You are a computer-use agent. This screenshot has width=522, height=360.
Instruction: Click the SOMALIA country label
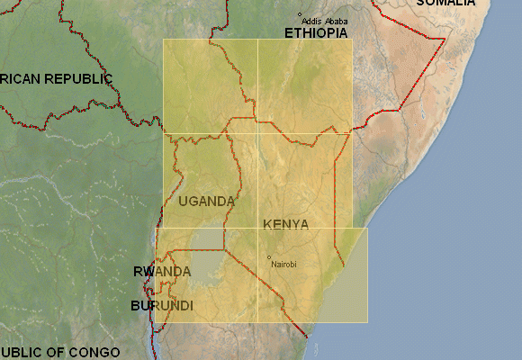445,4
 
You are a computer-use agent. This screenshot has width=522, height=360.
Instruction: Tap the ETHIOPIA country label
316,32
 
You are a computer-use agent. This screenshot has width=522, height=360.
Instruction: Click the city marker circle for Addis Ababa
301,14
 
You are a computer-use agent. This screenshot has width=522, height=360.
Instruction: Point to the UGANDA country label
206,202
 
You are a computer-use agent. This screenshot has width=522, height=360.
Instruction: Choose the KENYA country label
286,223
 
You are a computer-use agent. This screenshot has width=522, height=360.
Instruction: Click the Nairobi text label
283,264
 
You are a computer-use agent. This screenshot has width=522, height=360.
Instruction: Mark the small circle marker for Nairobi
269,257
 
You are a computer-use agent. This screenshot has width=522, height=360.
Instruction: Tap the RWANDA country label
162,271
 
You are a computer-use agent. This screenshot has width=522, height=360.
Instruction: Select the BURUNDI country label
162,306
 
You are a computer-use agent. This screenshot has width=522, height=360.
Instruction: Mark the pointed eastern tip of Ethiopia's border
445,39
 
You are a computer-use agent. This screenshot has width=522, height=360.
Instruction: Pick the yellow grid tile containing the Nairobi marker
312,274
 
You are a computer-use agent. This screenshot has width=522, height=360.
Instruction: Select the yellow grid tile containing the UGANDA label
210,180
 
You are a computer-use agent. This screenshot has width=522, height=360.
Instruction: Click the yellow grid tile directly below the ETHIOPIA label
304,86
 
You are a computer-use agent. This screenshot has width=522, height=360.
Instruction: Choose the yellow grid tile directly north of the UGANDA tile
210,86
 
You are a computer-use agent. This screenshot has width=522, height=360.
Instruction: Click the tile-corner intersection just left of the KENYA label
257,228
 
